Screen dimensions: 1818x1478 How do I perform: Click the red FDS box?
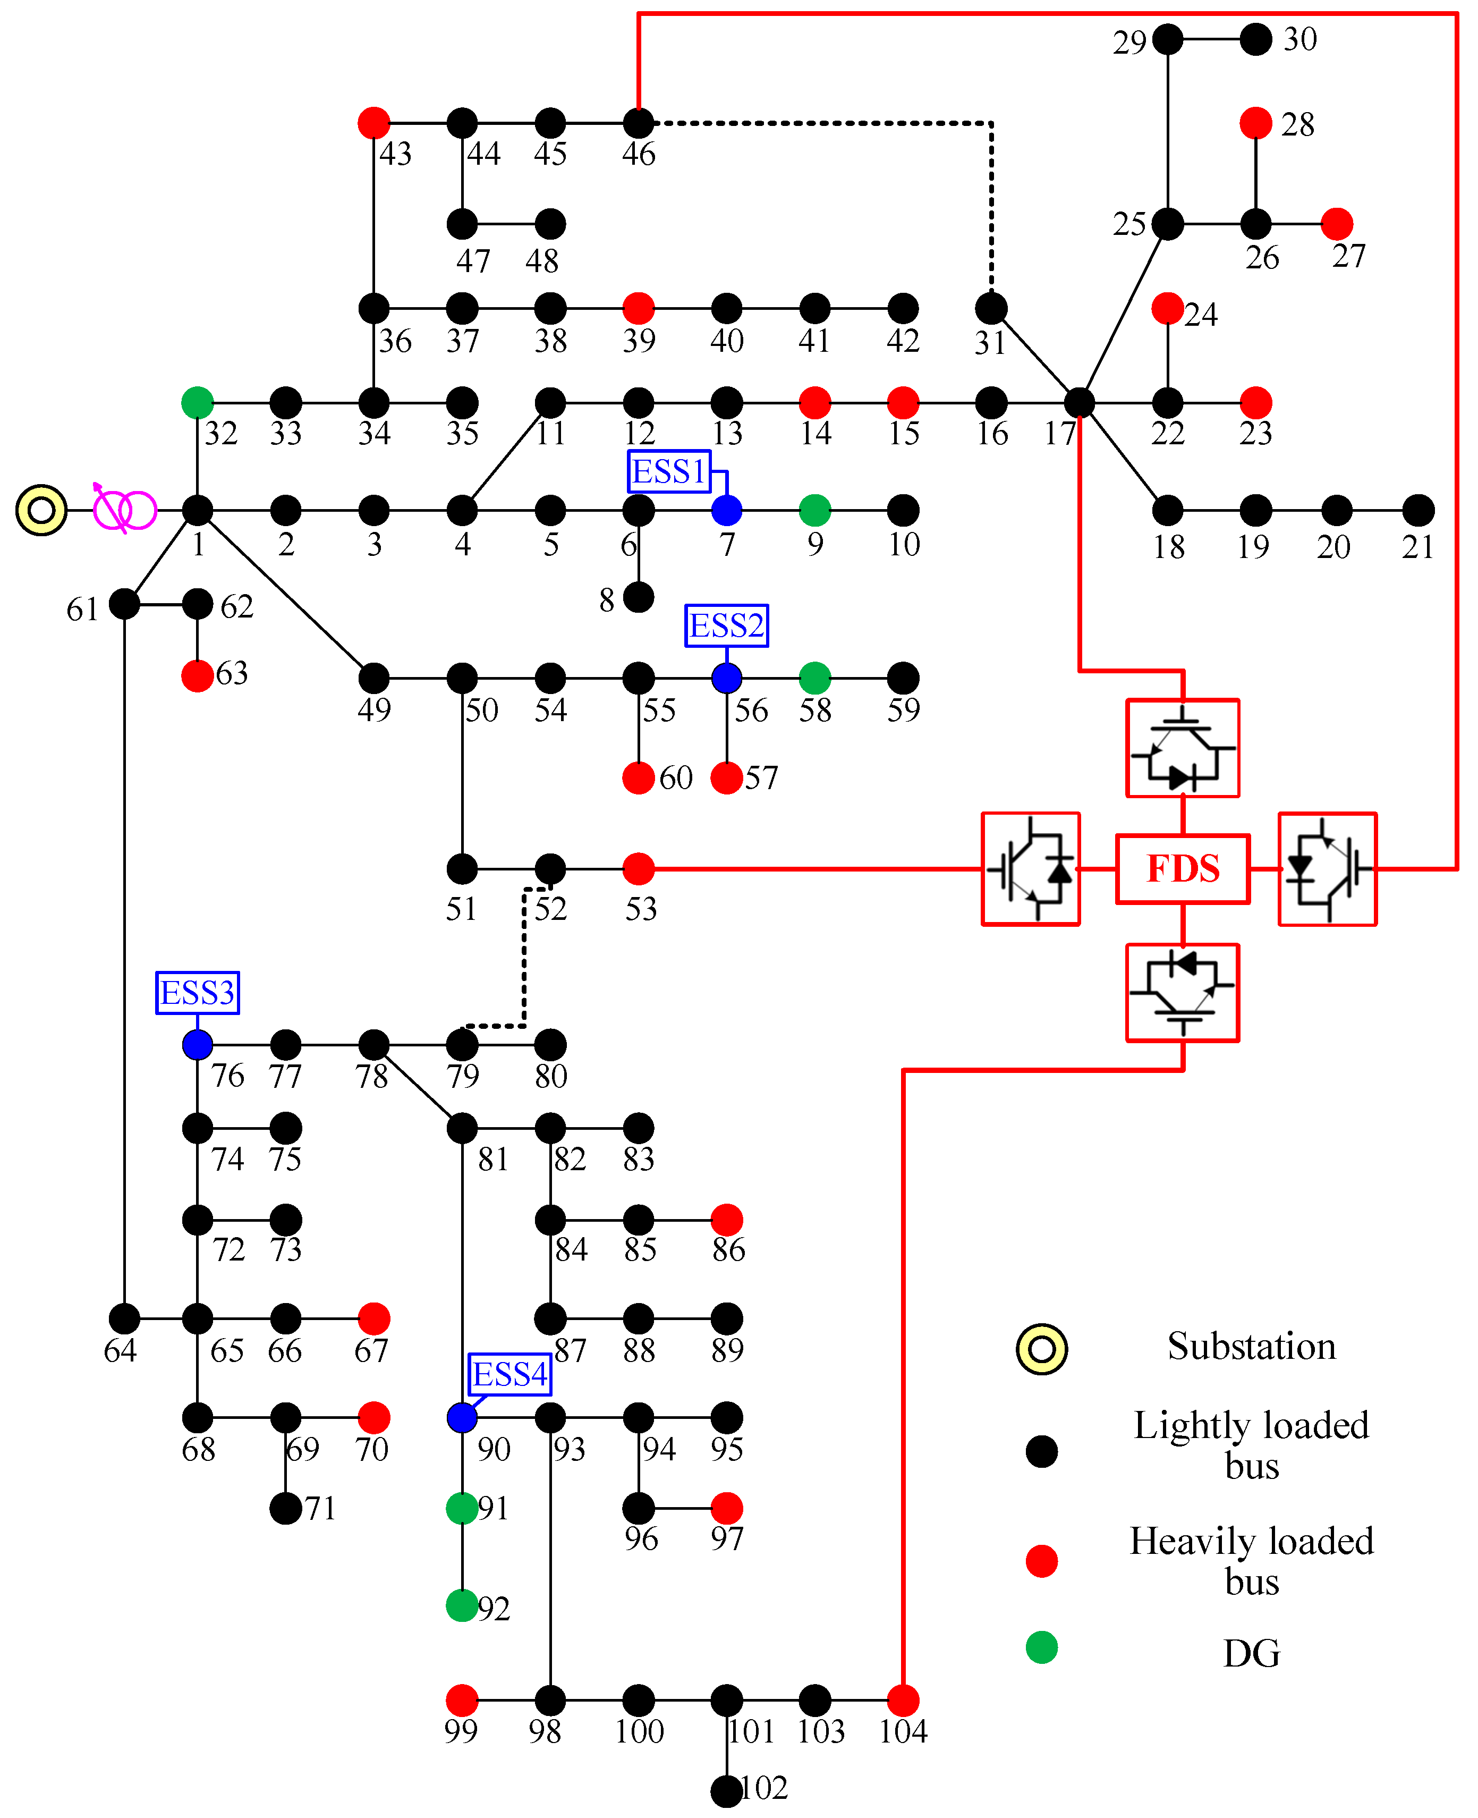[1183, 868]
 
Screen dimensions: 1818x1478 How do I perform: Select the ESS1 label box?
[668, 471]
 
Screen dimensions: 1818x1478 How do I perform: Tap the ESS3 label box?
[198, 992]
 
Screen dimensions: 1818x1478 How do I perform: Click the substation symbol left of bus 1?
[41, 510]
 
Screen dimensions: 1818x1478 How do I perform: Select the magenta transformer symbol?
[124, 510]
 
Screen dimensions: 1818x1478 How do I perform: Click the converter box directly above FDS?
[1183, 748]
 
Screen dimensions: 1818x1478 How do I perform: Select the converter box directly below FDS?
[1183, 992]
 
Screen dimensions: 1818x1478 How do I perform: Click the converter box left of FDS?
[1030, 868]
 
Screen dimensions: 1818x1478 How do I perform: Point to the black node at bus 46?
[639, 123]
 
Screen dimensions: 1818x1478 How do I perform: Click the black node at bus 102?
[726, 1791]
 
